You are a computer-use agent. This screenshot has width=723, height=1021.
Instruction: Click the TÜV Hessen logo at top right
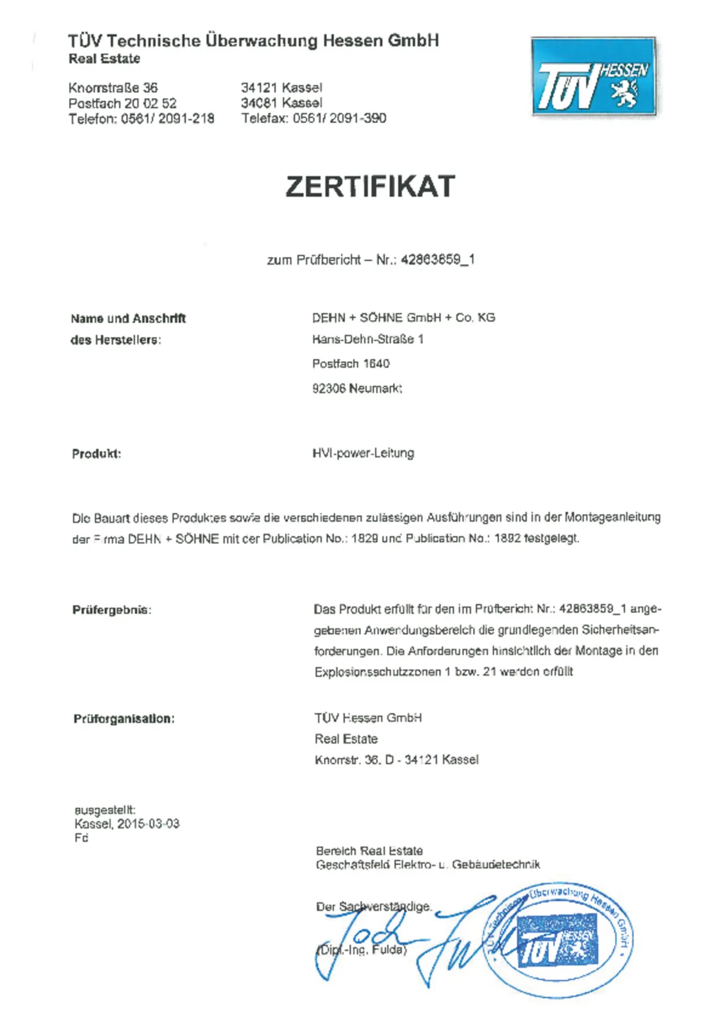[x=594, y=76]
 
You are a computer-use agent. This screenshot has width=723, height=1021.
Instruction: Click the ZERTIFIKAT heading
[x=370, y=187]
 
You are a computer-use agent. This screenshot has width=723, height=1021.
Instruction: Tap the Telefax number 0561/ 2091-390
[x=339, y=119]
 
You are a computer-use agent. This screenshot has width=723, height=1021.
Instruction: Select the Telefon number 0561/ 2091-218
[x=168, y=119]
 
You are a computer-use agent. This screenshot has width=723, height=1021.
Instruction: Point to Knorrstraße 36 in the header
[x=113, y=88]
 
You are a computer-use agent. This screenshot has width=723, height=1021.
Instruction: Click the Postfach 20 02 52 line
[x=123, y=104]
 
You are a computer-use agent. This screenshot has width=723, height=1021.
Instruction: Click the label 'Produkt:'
[x=97, y=454]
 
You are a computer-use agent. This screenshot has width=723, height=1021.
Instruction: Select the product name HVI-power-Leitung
[x=363, y=453]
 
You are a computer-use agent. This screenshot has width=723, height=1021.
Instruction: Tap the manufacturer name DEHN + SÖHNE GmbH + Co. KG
[x=404, y=318]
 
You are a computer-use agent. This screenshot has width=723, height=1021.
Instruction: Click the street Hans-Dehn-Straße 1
[x=368, y=339]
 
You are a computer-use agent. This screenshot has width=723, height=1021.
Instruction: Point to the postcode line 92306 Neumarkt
[x=357, y=388]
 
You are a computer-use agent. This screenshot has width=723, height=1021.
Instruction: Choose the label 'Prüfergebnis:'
[x=112, y=610]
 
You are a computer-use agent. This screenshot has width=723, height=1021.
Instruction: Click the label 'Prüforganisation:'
[x=124, y=719]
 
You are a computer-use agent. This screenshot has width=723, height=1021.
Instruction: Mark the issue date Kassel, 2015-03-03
[x=127, y=824]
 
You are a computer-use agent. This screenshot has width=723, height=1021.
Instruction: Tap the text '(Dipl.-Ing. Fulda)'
[x=362, y=950]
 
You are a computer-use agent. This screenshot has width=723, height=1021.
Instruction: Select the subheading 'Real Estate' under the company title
[x=104, y=59]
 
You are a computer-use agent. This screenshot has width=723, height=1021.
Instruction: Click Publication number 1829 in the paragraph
[x=364, y=538]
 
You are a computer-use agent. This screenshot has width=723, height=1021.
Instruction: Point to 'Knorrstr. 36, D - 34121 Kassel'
[x=397, y=760]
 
